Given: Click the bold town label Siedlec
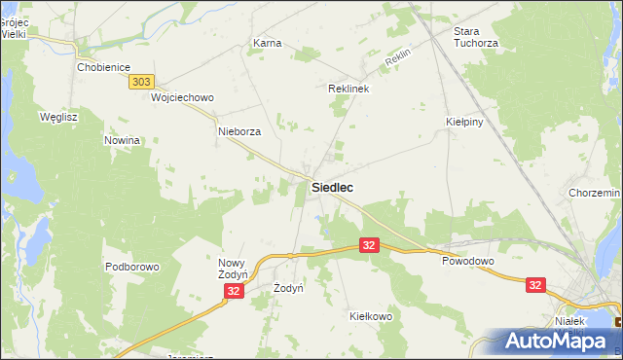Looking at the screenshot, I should (332, 187).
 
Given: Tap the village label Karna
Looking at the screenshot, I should (267, 44).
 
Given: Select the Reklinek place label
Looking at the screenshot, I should (348, 88).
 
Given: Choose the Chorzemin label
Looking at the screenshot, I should (595, 194).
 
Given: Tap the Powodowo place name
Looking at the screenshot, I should (468, 262).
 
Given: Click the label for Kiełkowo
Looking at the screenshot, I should (370, 316).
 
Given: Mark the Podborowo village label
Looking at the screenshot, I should (131, 266).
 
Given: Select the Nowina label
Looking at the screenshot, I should (123, 140).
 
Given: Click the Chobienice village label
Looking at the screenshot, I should (103, 68).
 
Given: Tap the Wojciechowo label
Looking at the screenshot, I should (182, 98).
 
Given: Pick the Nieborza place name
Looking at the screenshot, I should (239, 131).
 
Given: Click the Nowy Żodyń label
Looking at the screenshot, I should (235, 270).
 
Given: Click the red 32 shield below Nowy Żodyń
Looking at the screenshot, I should (234, 291).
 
